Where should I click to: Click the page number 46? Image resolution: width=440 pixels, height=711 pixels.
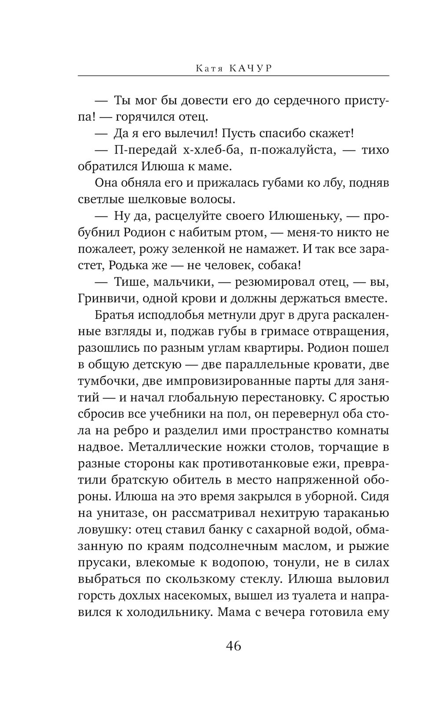tap(233, 646)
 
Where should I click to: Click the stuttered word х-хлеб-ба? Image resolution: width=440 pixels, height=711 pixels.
tap(211, 150)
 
